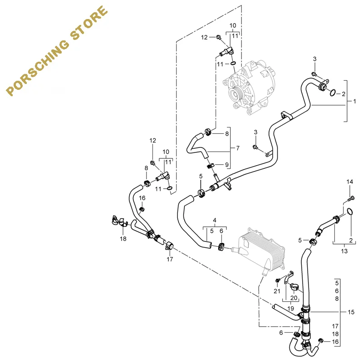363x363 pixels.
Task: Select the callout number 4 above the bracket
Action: click(x=215, y=221)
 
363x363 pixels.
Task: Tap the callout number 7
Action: click(x=237, y=148)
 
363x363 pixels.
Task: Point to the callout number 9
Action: click(x=226, y=164)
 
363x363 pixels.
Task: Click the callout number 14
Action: click(x=349, y=182)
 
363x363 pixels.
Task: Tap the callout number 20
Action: click(x=294, y=298)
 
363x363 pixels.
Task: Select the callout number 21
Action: click(x=276, y=290)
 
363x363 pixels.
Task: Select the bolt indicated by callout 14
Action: click(x=350, y=198)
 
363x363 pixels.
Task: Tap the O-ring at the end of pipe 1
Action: click(x=332, y=93)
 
